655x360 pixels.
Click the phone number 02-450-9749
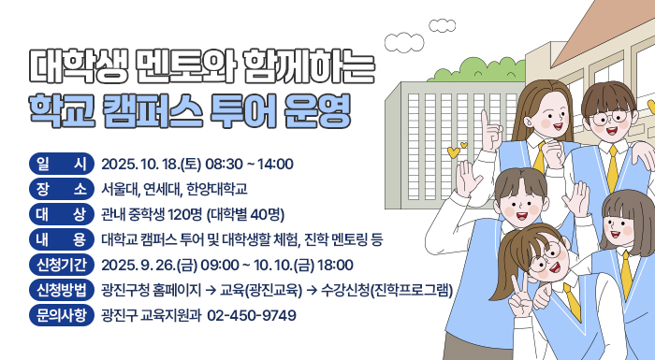[x=252, y=316]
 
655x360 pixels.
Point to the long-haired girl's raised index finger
[x=485, y=122]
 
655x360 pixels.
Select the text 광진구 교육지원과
[x=151, y=316]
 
